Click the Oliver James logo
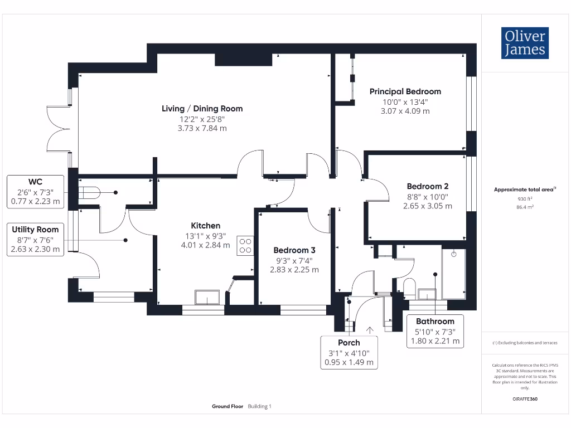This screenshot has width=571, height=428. [525, 43]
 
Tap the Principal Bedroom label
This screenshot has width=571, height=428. [405, 91]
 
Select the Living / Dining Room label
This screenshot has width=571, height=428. [202, 109]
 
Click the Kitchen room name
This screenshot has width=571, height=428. [205, 226]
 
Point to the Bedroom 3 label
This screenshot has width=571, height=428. [294, 250]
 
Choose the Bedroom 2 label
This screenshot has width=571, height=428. [428, 186]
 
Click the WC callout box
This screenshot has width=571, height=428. [35, 192]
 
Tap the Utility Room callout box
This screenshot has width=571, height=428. [35, 240]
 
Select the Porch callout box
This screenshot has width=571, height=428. [349, 352]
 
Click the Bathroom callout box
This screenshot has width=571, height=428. [435, 331]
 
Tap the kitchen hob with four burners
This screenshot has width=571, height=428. [245, 246]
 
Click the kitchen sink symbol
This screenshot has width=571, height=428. [207, 297]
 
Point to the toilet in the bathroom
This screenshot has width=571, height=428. [410, 287]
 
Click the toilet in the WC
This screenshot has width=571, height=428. [89, 193]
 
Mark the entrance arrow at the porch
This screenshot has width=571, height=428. [370, 330]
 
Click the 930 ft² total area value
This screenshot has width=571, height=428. [525, 199]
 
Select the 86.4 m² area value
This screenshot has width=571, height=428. [525, 207]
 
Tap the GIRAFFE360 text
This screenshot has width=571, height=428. [525, 399]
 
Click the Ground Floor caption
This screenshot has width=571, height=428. [228, 406]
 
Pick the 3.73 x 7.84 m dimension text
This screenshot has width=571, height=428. [202, 128]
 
